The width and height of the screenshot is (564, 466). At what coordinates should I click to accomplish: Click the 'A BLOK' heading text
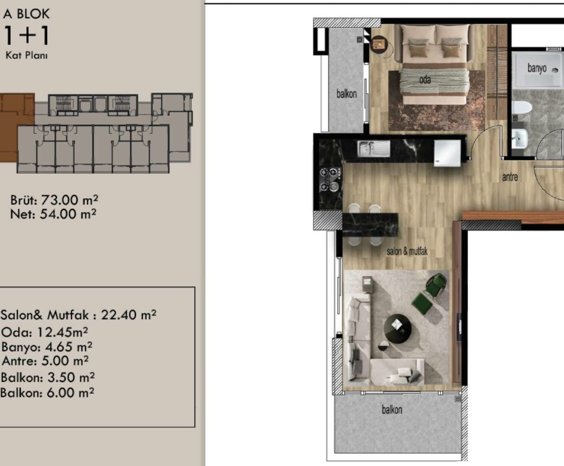click(26, 14)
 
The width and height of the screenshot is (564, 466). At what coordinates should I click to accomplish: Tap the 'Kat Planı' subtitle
click(26, 56)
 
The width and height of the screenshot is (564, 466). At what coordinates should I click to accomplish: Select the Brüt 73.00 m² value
click(54, 200)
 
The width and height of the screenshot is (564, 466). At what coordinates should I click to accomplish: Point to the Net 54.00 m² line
click(53, 214)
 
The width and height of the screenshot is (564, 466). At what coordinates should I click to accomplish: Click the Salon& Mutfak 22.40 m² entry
click(78, 315)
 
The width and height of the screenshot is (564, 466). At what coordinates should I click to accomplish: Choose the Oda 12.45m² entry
click(45, 332)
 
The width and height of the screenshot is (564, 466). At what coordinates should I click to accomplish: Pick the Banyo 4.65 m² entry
click(47, 347)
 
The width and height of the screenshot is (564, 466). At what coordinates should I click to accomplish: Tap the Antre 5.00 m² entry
click(45, 361)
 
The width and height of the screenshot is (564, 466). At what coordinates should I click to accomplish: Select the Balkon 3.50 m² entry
click(47, 378)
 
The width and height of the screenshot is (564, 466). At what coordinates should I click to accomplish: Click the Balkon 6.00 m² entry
click(47, 393)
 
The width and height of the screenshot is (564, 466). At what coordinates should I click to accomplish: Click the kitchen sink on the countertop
click(374, 149)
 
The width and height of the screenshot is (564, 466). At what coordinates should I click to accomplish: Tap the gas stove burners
click(330, 179)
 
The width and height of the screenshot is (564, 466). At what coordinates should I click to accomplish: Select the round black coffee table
click(398, 328)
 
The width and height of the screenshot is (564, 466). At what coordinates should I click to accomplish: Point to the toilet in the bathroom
click(522, 107)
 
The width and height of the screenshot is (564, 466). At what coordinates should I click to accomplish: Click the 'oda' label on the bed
click(425, 80)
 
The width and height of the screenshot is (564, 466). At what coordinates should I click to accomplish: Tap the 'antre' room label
click(510, 177)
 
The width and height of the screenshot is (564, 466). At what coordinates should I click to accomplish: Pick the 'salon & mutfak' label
click(407, 252)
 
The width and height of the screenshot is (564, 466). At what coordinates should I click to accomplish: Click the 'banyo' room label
click(537, 68)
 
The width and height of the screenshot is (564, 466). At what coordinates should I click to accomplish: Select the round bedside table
click(379, 44)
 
